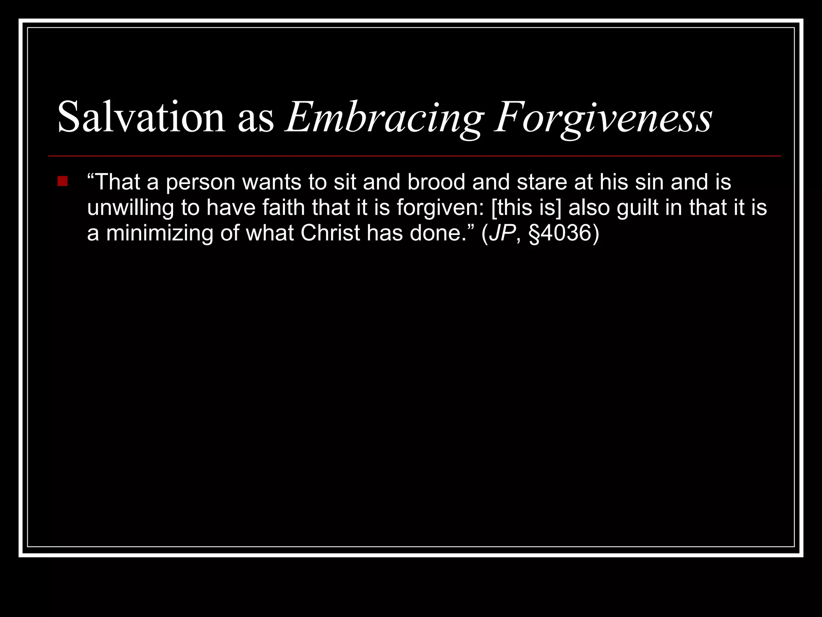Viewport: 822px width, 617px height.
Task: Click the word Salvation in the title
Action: (x=141, y=117)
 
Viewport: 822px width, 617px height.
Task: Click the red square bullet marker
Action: (x=63, y=182)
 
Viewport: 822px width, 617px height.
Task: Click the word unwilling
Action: (x=130, y=208)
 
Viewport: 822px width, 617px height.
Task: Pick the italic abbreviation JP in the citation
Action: (x=502, y=233)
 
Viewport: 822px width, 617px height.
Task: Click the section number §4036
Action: (x=560, y=233)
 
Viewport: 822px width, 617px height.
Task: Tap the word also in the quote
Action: (x=589, y=208)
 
